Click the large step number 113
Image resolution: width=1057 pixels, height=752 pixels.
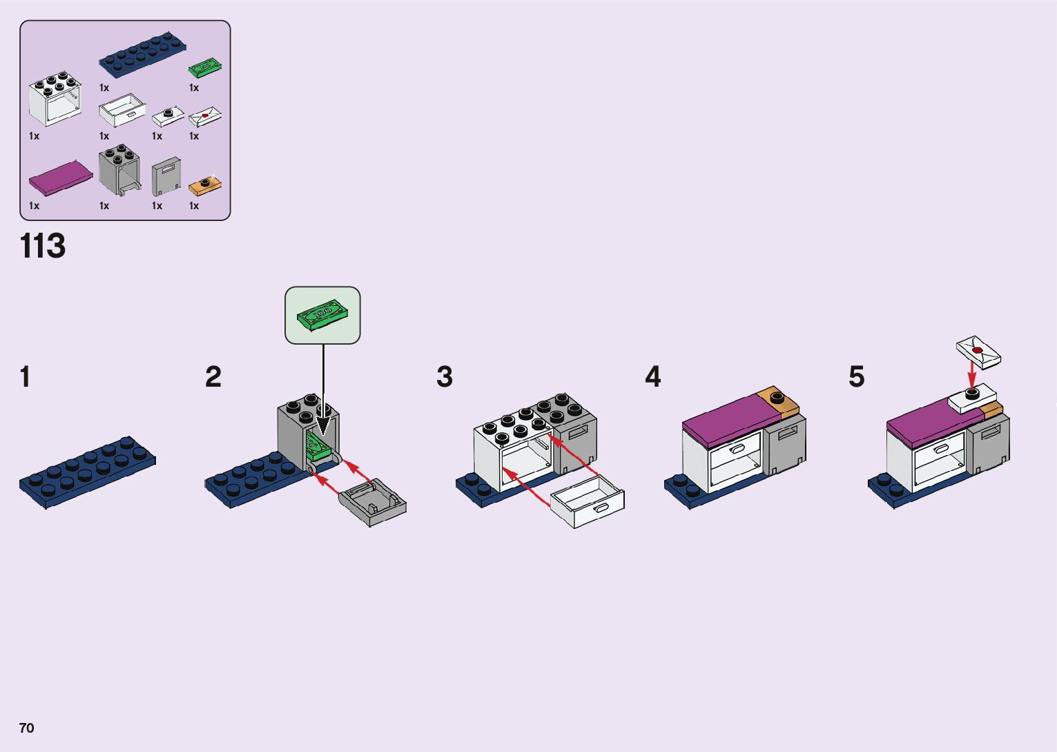[43, 246]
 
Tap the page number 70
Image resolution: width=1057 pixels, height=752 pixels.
[26, 728]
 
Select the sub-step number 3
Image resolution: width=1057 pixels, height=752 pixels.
[445, 377]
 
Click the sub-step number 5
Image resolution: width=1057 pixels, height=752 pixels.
[856, 377]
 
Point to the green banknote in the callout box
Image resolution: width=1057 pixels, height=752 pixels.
[322, 315]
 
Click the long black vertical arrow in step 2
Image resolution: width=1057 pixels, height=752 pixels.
[323, 387]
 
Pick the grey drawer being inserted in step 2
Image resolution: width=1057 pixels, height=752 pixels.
[373, 503]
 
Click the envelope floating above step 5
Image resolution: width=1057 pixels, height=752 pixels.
[978, 351]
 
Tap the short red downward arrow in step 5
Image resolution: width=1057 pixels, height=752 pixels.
[971, 377]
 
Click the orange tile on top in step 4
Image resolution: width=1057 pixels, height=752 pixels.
[778, 400]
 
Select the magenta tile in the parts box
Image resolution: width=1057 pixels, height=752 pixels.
[61, 177]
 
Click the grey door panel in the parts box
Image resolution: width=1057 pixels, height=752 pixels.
[166, 176]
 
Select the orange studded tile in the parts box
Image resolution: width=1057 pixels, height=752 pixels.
[205, 184]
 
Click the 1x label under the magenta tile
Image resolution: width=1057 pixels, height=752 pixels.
[35, 206]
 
